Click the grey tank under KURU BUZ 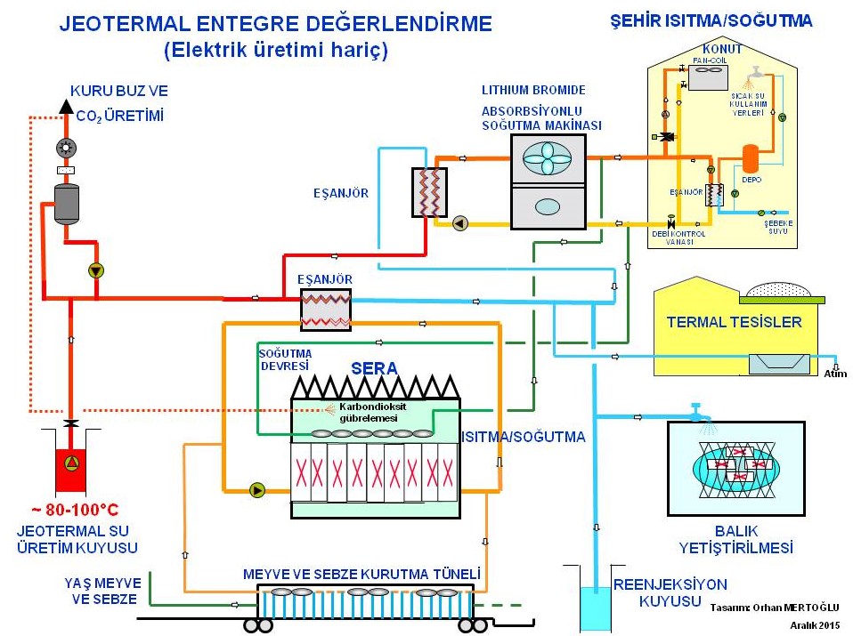[67, 203]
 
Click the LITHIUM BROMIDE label [533, 90]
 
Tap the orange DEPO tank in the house [751, 157]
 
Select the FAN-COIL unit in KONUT [711, 76]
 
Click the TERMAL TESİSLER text [729, 322]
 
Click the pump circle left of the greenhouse [257, 488]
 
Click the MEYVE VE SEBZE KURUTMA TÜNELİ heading [362, 574]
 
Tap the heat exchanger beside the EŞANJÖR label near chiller [428, 191]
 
